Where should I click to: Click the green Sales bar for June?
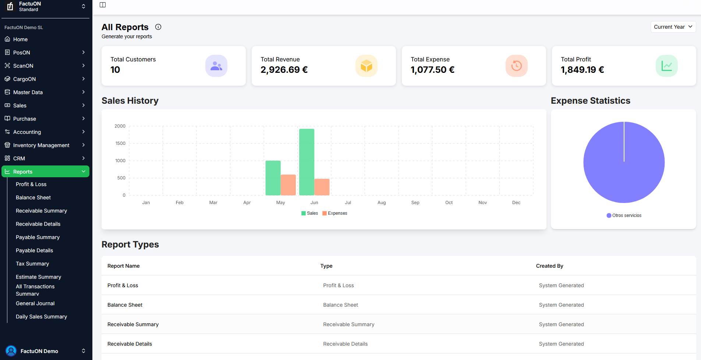[x=307, y=162]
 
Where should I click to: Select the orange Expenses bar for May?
[x=288, y=185]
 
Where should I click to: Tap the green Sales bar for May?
[x=273, y=178]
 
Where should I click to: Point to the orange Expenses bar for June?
[x=322, y=187]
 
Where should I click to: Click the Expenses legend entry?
[x=335, y=213]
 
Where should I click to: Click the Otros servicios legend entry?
[x=624, y=215]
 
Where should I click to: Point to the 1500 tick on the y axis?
[x=120, y=143]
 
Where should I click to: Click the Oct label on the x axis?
[x=449, y=203]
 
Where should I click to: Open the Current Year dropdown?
[x=673, y=27]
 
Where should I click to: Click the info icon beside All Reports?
[x=158, y=27]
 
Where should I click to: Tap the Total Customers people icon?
[x=216, y=66]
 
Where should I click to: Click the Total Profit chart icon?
[x=667, y=66]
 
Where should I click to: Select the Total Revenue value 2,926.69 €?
[x=284, y=70]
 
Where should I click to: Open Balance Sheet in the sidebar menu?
[x=33, y=197]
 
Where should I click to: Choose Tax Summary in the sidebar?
[x=32, y=264]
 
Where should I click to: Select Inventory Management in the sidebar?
[x=41, y=145]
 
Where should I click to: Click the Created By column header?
[x=549, y=266]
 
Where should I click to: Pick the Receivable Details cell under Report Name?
[x=130, y=344]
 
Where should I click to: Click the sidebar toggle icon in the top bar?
[x=103, y=5]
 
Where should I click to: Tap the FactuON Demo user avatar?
[x=11, y=351]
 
